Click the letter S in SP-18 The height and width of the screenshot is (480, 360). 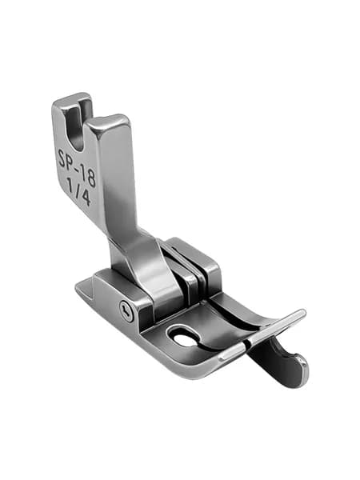click(x=62, y=158)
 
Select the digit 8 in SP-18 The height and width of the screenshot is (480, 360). click(x=91, y=178)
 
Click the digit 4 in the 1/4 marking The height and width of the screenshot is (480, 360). click(x=85, y=197)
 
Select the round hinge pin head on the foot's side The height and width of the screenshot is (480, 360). click(x=126, y=311)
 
